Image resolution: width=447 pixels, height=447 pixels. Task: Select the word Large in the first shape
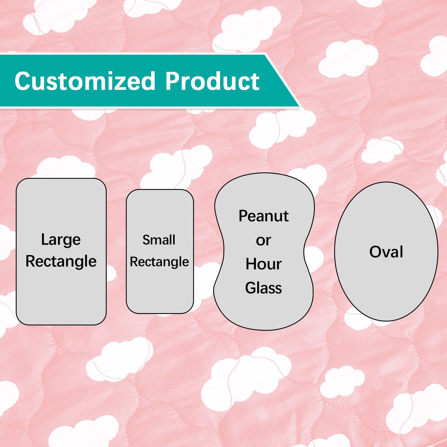coord(61,240)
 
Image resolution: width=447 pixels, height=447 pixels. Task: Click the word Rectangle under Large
coord(61,261)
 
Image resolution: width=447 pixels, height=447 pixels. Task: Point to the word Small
coord(159,240)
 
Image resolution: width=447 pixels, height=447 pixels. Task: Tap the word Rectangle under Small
coord(159,262)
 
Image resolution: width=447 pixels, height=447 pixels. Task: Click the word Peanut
coord(263,216)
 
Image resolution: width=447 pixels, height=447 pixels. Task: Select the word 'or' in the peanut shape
coord(263,241)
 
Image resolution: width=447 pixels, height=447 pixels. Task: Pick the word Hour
coord(263,264)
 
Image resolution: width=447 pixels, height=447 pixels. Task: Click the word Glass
coord(263,288)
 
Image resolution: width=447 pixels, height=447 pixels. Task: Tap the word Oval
coord(386,252)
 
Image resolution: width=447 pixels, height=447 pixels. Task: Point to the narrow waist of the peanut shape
coord(264,251)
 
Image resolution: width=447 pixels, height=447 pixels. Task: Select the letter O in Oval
coord(376,252)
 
